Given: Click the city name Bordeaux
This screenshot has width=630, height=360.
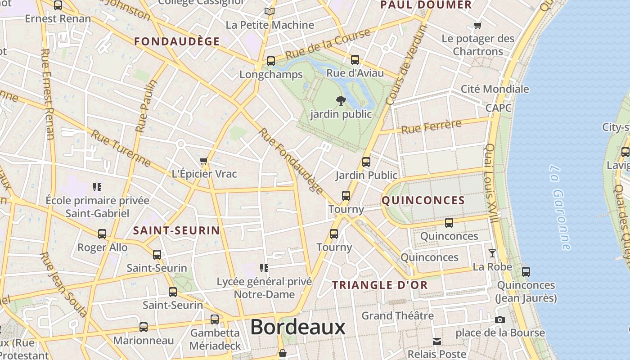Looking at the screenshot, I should pos(297,327).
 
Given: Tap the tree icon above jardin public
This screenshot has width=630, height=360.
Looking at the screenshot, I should pos(341,100).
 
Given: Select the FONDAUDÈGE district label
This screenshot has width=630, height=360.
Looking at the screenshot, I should pos(177,41).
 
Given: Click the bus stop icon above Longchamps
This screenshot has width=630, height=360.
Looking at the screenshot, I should pos(271,61).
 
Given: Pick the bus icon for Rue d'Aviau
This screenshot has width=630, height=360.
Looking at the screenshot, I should pos(355,59).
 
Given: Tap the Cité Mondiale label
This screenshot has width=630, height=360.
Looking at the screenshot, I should pos(495,89).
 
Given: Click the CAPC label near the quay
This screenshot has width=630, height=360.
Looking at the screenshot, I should pos(499,108).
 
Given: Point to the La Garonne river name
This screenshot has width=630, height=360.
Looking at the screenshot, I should pos(560,207).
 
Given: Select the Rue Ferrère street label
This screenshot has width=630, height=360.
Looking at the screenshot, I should pos(431,126).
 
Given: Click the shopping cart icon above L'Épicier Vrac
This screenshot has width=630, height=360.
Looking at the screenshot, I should pos(204,161).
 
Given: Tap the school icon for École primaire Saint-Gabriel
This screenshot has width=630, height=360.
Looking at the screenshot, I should pos(97,187).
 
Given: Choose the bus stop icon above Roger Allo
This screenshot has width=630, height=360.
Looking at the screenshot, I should pos(102,234).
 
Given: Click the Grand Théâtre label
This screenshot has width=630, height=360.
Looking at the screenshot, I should pos(397,315).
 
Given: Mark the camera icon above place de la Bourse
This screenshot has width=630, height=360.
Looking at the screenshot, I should pos(499,320).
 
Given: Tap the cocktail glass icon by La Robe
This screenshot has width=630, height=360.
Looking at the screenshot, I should pos(492,253).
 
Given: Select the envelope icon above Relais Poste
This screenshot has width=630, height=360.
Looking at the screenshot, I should pos(437,341).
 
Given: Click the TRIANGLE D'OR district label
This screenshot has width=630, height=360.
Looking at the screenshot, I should pos(380,285).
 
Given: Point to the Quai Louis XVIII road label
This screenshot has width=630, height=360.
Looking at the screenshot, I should pos(490,183).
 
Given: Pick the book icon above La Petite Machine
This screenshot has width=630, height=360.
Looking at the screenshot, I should pos(270,11).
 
